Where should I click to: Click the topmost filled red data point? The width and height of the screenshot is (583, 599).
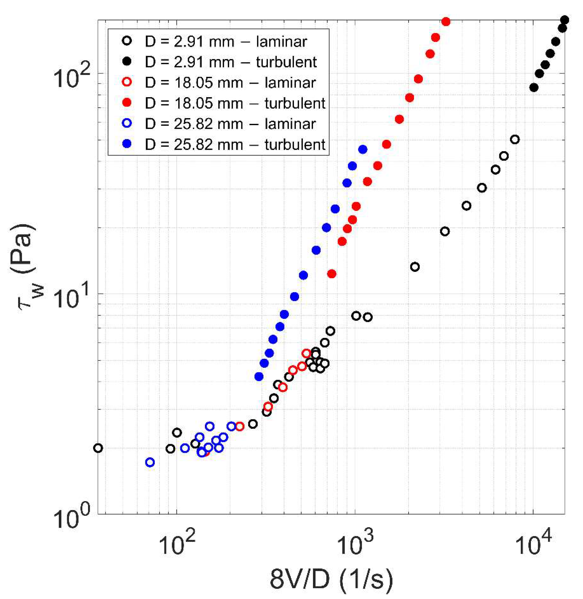(x=446, y=22)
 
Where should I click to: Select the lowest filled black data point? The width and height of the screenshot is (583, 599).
(x=534, y=88)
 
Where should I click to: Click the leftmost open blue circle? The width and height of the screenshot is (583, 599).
(x=150, y=462)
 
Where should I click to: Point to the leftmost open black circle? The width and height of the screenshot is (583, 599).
(x=98, y=448)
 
